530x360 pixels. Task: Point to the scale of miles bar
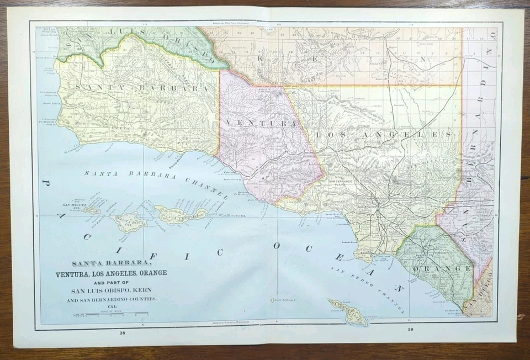click(110, 314)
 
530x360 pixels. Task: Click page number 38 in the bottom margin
click(122, 333)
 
